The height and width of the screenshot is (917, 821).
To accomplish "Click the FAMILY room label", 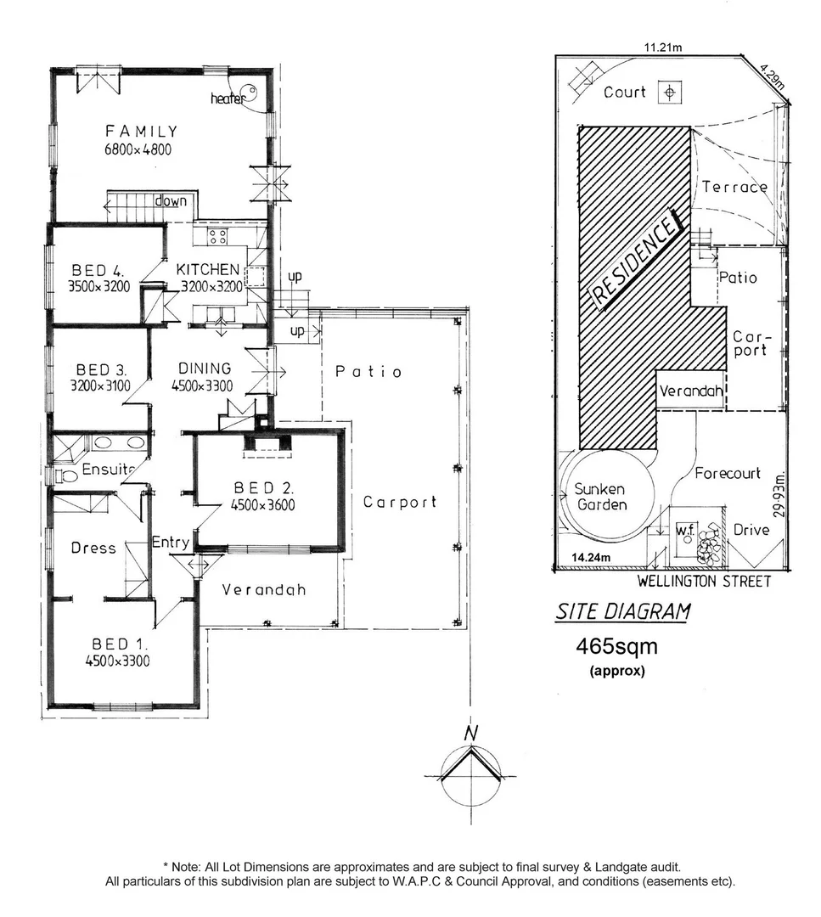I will click(x=141, y=132).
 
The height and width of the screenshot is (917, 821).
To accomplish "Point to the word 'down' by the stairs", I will click(x=170, y=201).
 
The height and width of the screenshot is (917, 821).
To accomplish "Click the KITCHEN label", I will click(x=208, y=269).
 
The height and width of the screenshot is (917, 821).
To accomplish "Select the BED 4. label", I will click(x=98, y=270).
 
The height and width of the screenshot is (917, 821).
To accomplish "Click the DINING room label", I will click(x=205, y=368).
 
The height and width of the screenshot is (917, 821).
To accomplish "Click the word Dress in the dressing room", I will click(x=93, y=548).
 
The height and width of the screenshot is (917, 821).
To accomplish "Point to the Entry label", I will click(x=171, y=542).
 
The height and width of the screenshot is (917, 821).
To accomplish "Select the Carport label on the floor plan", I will click(x=399, y=502).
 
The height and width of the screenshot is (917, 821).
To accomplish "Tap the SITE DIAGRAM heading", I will click(x=622, y=611).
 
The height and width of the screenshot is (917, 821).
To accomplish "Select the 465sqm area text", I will click(x=616, y=647).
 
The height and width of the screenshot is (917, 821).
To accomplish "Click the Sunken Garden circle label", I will click(x=599, y=498).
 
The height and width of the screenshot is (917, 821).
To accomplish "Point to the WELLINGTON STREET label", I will click(x=705, y=582).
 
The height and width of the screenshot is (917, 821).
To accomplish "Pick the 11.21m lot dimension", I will click(x=663, y=48).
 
